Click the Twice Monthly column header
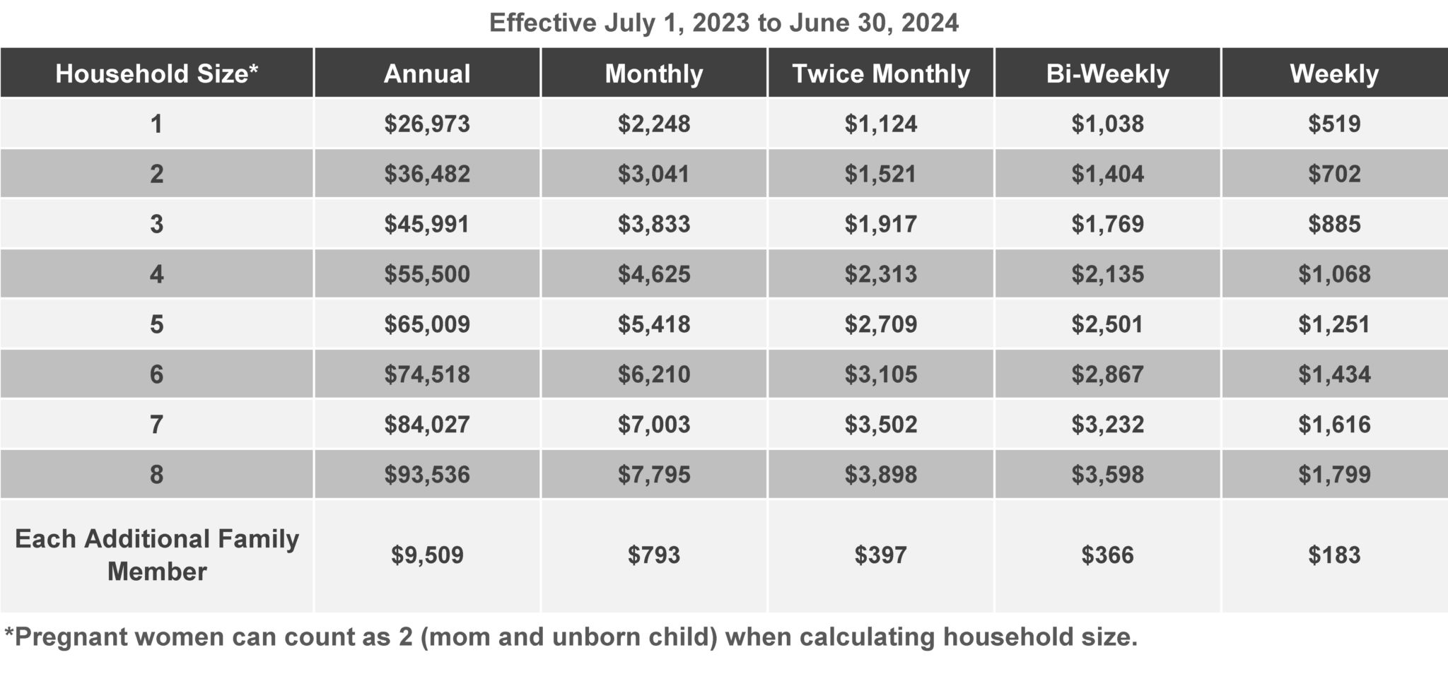click(880, 73)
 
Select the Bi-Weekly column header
click(1107, 73)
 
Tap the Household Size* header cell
click(156, 73)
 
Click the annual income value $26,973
click(427, 124)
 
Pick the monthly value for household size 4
click(654, 274)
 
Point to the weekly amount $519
click(1334, 124)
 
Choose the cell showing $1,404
click(1107, 174)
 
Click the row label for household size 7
click(156, 425)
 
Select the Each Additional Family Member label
click(156, 555)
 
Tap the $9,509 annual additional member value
click(427, 555)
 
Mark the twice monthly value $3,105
click(880, 374)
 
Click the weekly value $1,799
click(1334, 475)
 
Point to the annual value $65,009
click(427, 324)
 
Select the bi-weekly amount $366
click(1107, 555)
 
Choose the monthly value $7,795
click(654, 475)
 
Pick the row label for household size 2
click(156, 174)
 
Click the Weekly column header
click(1334, 73)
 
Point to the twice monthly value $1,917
click(880, 224)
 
